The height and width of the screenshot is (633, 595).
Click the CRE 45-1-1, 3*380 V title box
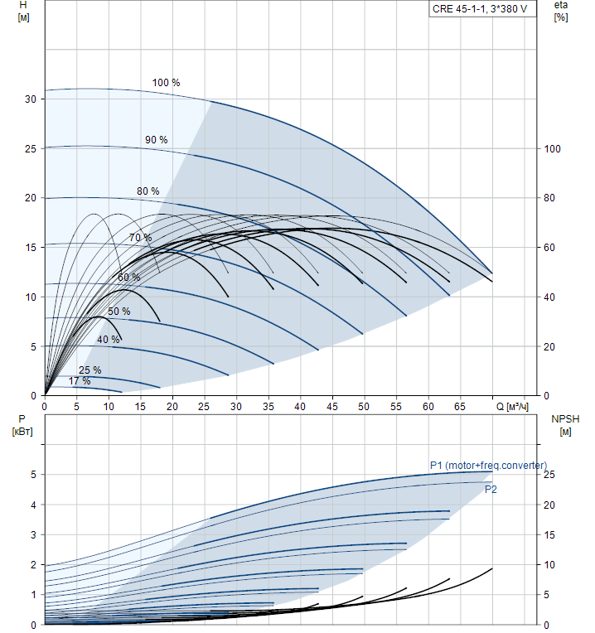(479, 10)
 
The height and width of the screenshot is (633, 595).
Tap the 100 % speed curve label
(166, 83)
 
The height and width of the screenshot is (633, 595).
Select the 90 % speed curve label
(156, 139)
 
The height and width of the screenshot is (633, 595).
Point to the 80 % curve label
(148, 191)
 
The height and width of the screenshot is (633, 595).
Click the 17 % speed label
(80, 381)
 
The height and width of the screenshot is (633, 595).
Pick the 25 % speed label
(89, 370)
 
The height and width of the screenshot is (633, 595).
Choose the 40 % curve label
(108, 340)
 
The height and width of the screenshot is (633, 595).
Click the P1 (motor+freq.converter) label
(487, 466)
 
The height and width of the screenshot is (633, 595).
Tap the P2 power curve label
(491, 490)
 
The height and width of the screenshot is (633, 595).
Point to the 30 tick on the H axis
(31, 99)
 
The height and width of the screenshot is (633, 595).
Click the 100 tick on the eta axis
(552, 149)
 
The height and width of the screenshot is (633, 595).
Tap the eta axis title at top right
(561, 12)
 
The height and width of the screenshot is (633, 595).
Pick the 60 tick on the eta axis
(549, 248)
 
